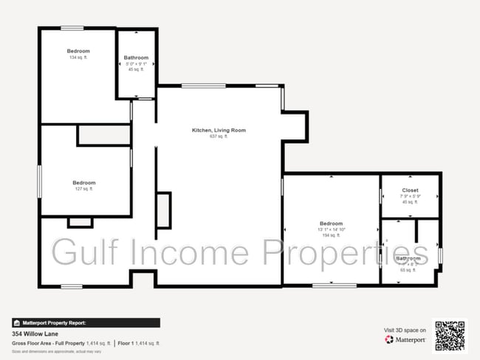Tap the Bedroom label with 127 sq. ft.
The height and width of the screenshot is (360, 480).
(x=83, y=183)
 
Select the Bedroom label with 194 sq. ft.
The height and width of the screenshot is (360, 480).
(x=331, y=224)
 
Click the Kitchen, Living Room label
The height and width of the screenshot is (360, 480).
(x=219, y=131)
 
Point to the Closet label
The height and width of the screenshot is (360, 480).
(x=410, y=190)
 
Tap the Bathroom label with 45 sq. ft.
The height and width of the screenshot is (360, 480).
(x=136, y=58)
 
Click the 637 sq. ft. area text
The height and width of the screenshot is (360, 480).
(x=219, y=136)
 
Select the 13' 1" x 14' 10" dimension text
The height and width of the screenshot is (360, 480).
(x=331, y=229)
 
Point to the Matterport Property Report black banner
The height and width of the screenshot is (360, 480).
(x=85, y=322)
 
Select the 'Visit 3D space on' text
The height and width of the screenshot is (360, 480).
(x=405, y=330)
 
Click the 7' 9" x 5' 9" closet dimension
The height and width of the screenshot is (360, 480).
(x=410, y=196)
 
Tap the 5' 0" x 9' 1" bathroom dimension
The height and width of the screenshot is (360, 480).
(x=136, y=63)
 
